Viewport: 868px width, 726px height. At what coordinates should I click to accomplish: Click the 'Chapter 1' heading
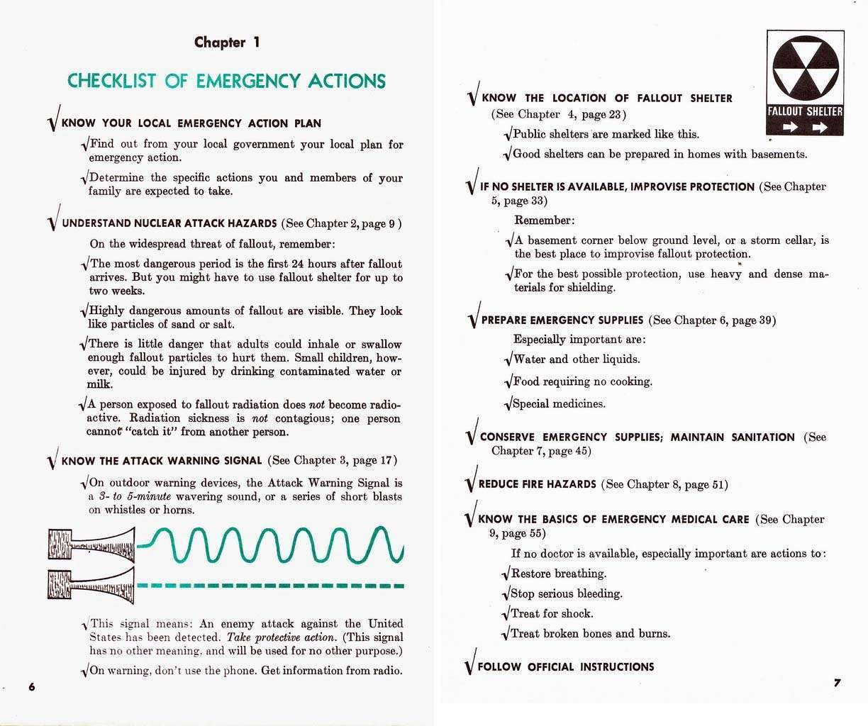[x=227, y=43]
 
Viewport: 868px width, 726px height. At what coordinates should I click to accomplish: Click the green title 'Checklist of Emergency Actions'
[x=226, y=81]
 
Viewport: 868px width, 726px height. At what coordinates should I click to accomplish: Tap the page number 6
[x=31, y=687]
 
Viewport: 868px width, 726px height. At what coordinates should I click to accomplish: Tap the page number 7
[x=837, y=683]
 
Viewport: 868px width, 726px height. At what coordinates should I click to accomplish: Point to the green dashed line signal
[x=269, y=586]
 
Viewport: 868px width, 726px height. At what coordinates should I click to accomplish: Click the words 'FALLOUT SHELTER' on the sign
[x=806, y=111]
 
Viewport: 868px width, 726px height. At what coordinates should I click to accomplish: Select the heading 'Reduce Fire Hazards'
[x=537, y=484]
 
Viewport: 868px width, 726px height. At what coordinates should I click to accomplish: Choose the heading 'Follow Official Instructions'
[x=565, y=666]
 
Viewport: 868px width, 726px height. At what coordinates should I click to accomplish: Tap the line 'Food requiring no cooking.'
[x=582, y=381]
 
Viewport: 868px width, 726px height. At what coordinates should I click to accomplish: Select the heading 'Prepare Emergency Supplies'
[x=562, y=320]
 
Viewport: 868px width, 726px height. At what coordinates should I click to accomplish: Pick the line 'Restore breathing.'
[x=558, y=574]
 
